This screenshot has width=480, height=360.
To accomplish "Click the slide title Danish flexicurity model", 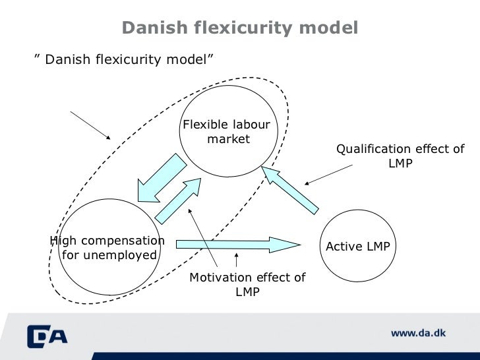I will pyautogui.click(x=240, y=28).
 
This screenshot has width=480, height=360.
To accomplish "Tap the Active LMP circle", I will pyautogui.click(x=358, y=246).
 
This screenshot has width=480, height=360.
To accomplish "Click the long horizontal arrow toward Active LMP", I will pyautogui.click(x=237, y=245).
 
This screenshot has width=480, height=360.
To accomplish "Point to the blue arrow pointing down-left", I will pyautogui.click(x=161, y=177).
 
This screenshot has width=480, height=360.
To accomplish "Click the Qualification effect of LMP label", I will pyautogui.click(x=400, y=156).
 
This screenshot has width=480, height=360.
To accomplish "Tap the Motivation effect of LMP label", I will pyautogui.click(x=247, y=284).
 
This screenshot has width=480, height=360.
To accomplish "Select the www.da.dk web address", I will pyautogui.click(x=418, y=333).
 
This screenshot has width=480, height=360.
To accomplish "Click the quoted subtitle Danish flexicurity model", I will pyautogui.click(x=124, y=60).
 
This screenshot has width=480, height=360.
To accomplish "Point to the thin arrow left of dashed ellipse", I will pyautogui.click(x=90, y=125).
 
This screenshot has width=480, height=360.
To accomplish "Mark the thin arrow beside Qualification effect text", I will pyautogui.click(x=328, y=174).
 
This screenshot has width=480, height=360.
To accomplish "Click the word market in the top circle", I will pyautogui.click(x=229, y=139).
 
